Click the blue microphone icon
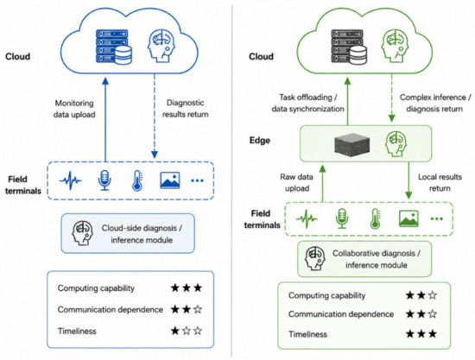(x=104, y=180)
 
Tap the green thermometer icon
(x=375, y=218)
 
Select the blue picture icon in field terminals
(x=169, y=180)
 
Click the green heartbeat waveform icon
(x=307, y=218)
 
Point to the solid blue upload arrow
(x=105, y=119)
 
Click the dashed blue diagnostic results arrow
(x=155, y=116)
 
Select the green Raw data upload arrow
(x=323, y=184)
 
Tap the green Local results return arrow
(x=408, y=180)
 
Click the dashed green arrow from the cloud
(x=392, y=98)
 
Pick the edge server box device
(x=352, y=145)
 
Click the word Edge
(x=260, y=141)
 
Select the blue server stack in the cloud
(x=114, y=47)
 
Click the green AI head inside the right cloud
(x=396, y=46)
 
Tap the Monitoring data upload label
(x=74, y=109)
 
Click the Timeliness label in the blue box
(x=77, y=332)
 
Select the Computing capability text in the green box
(x=326, y=295)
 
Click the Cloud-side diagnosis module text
(x=142, y=234)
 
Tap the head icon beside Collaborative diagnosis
(x=315, y=259)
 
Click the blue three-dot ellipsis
(x=197, y=180)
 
